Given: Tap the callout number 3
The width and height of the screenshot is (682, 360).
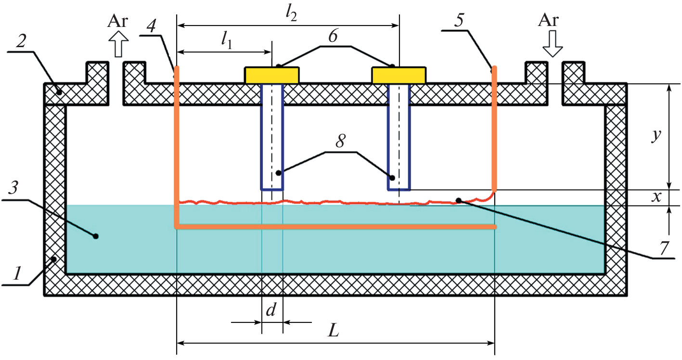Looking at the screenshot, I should tap(15, 189).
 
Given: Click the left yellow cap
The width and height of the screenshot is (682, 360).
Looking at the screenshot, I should tap(272, 76).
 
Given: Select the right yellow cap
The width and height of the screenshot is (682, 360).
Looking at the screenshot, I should tap(399, 76).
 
